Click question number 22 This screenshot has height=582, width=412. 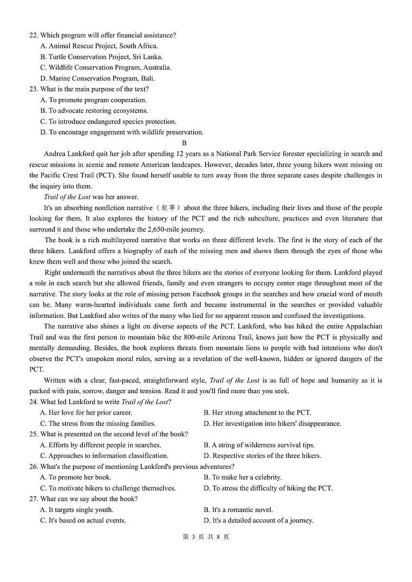coord(34,35)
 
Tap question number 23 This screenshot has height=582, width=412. coord(34,89)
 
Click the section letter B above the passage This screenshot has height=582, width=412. coord(184,143)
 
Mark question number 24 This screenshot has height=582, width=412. coord(34,402)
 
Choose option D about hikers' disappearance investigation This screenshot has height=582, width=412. coord(272,423)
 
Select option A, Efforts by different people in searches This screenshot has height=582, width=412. coord(100,445)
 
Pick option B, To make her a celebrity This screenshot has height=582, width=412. coord(242,477)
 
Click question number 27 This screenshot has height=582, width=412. coord(34,499)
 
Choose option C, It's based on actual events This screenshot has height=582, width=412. coord(83,520)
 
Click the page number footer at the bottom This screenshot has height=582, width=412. coord(206,537)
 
